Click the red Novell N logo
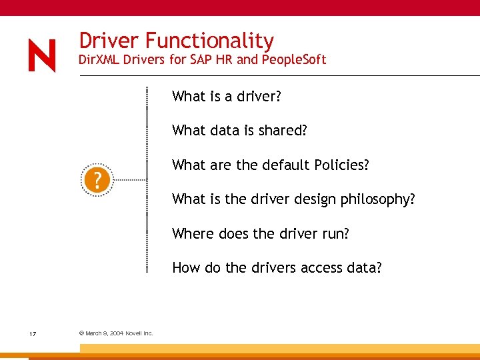tap(42, 55)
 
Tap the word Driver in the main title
tap(109, 41)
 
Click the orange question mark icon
tap(97, 180)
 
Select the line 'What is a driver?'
tap(227, 97)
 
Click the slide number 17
tap(33, 333)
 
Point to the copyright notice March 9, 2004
tap(116, 333)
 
